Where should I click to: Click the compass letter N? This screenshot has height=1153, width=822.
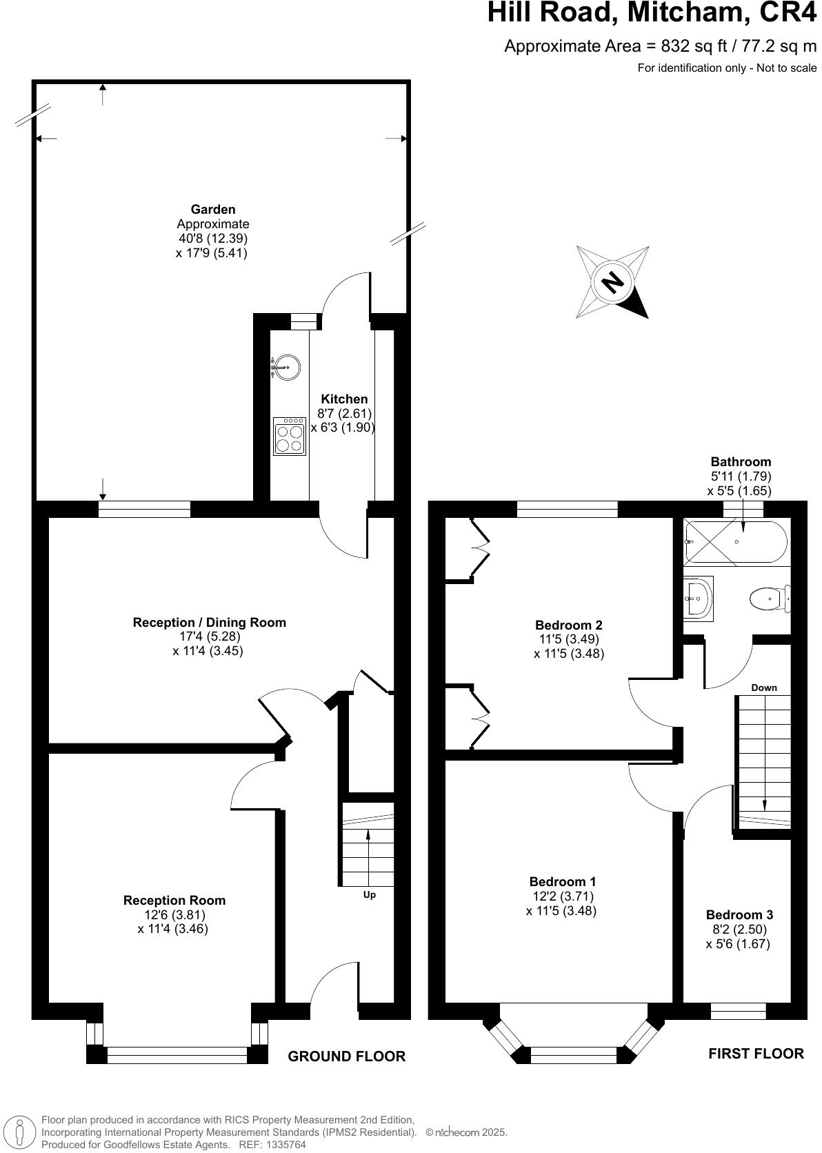click(612, 282)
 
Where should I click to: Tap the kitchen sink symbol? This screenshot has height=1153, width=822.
click(286, 367)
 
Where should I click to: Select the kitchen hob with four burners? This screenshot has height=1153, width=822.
click(290, 437)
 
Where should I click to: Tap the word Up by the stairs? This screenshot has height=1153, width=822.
click(370, 895)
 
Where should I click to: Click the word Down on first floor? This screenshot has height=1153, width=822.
click(764, 688)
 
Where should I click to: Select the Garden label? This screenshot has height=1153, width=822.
click(213, 209)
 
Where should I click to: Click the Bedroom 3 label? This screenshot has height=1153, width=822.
click(739, 915)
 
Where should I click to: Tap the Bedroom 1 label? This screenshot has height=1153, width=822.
click(562, 881)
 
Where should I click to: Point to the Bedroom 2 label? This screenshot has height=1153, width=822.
click(569, 625)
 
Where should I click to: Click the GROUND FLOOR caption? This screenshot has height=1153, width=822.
click(346, 1056)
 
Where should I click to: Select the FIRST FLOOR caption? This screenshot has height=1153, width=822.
click(756, 1053)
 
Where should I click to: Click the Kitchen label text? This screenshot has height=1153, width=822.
click(344, 399)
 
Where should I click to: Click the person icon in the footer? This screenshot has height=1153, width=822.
click(21, 1132)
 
